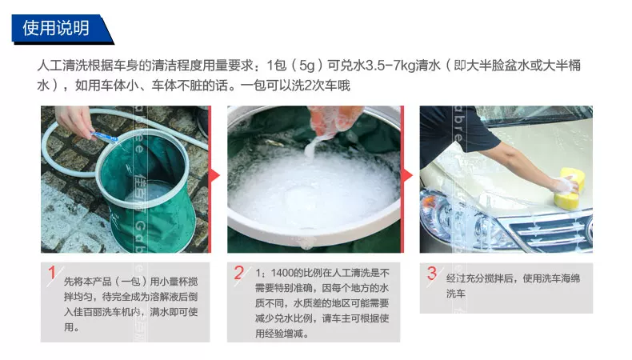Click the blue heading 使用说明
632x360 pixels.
(56, 28)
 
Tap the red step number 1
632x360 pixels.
(51, 273)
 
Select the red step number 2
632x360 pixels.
(238, 273)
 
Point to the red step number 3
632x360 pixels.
(432, 273)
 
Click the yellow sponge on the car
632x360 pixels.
(570, 187)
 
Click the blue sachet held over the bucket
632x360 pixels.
(104, 137)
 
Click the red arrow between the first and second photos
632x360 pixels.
(216, 175)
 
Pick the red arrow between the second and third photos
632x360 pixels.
(408, 175)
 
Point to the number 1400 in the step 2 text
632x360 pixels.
(282, 273)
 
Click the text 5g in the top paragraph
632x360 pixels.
(306, 66)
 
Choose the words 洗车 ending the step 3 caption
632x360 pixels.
(455, 294)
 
